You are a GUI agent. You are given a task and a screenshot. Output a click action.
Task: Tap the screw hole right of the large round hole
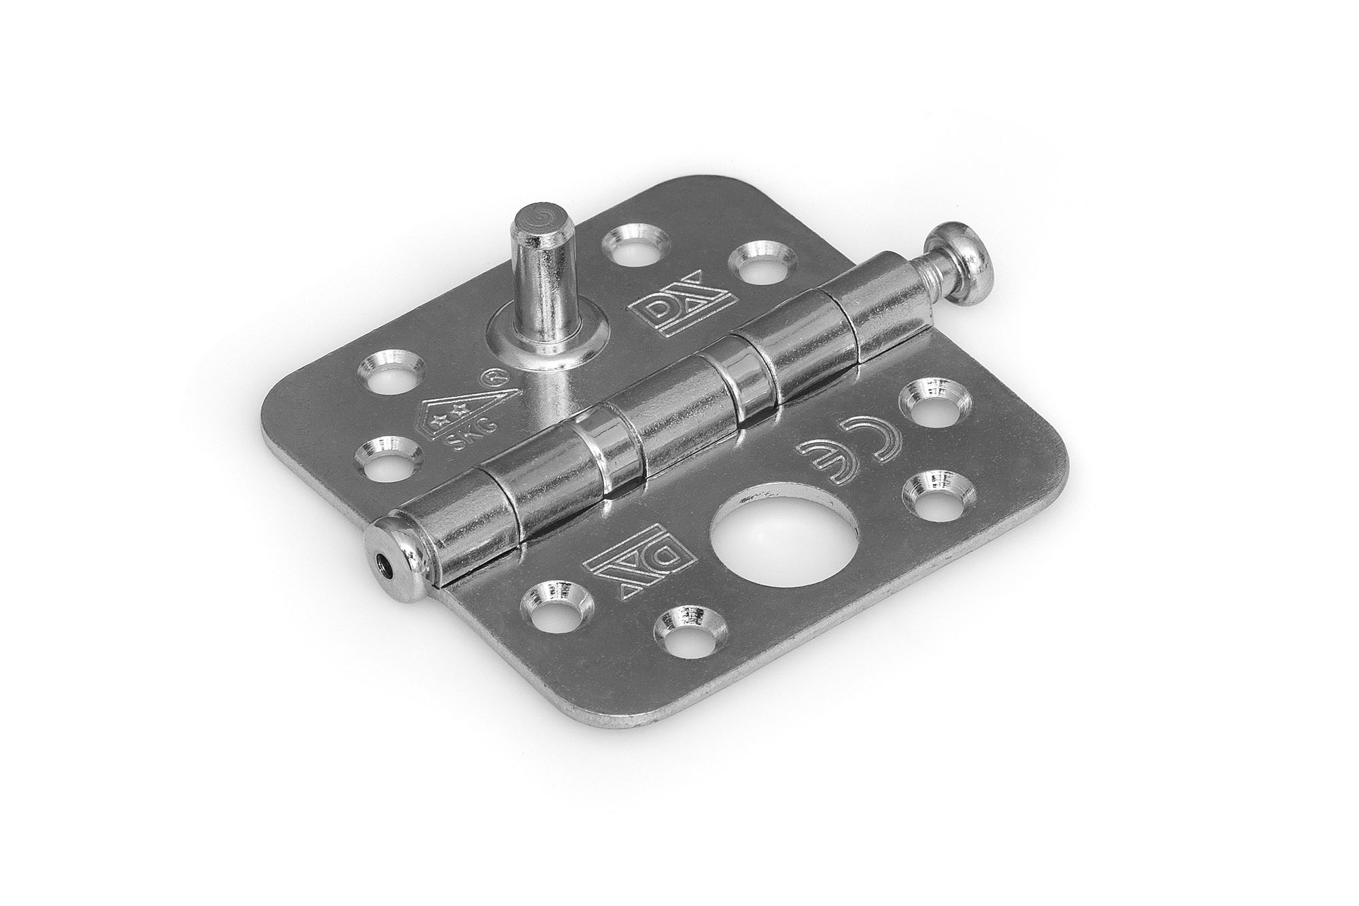(x=932, y=494)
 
